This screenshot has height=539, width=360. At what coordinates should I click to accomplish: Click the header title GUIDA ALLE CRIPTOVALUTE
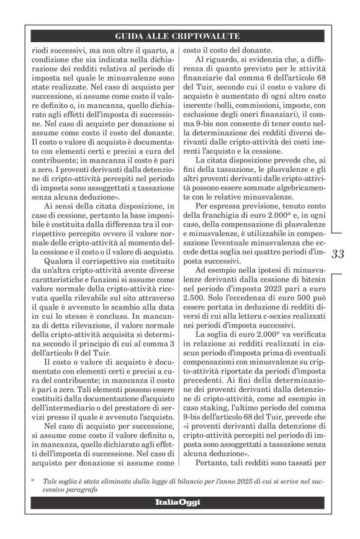pos(180,36)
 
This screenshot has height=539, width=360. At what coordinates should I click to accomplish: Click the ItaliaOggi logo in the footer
pos(179,502)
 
